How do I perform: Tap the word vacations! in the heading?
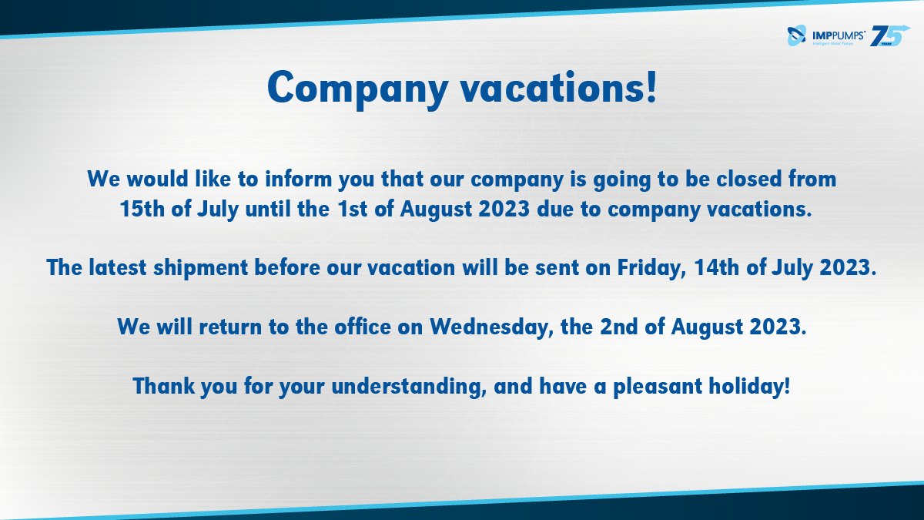(x=558, y=87)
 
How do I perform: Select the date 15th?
(x=142, y=209)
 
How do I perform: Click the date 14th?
(x=717, y=267)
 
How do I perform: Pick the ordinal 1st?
(x=352, y=209)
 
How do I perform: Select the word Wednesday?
(x=492, y=327)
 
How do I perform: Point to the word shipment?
(x=201, y=268)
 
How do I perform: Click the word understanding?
(x=409, y=387)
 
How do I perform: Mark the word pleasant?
(x=658, y=387)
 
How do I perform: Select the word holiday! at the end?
(x=749, y=387)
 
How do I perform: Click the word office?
(x=363, y=327)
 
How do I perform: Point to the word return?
(x=230, y=327)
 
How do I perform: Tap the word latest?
(x=118, y=267)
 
